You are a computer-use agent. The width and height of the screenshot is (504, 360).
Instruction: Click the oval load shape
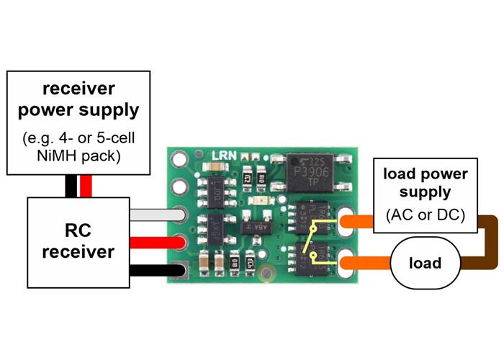pos(425,263)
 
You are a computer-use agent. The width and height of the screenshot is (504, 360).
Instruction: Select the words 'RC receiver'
pos(78,242)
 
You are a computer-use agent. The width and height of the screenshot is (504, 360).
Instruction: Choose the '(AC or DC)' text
pos(425,215)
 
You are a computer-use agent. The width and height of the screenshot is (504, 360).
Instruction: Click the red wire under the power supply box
pos(87,186)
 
